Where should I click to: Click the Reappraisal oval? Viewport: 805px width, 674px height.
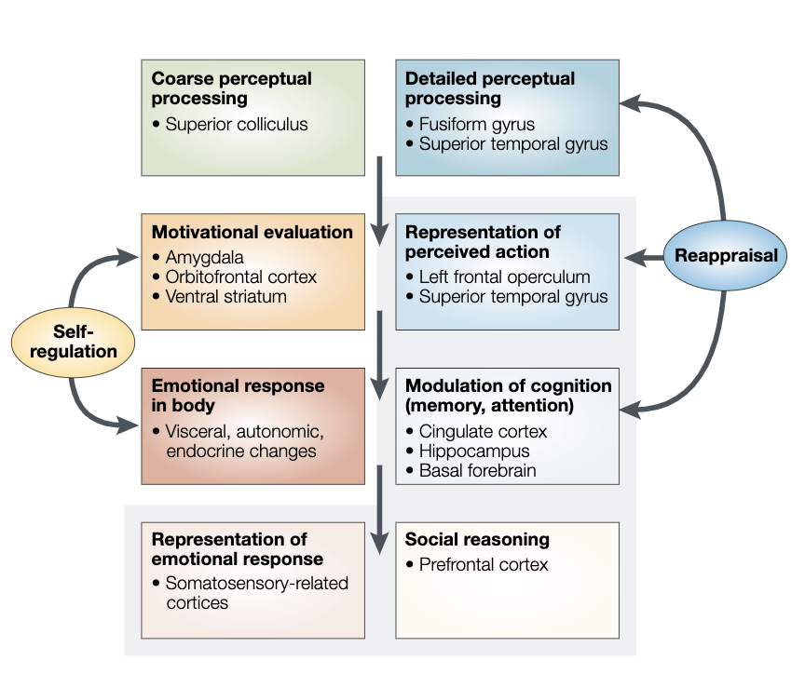click(726, 255)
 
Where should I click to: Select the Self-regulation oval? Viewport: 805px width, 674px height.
click(72, 341)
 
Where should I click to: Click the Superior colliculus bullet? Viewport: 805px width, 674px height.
click(236, 124)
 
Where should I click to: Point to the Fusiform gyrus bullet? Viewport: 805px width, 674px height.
click(476, 124)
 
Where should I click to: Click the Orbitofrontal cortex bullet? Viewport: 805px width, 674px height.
click(240, 276)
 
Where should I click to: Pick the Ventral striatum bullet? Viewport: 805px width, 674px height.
click(225, 296)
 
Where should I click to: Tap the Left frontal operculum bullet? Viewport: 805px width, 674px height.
click(504, 276)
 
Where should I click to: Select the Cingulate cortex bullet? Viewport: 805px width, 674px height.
click(483, 431)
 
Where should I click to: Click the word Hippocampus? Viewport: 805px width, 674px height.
click(474, 451)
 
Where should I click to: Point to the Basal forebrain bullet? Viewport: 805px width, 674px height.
click(477, 470)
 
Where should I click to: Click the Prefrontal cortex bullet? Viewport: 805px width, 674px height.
click(484, 564)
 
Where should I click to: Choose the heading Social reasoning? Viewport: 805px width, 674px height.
click(477, 539)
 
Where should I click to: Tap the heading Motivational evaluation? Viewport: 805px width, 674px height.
click(252, 232)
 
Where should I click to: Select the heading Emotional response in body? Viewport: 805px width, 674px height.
click(239, 396)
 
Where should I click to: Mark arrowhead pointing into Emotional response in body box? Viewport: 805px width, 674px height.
click(131, 425)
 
